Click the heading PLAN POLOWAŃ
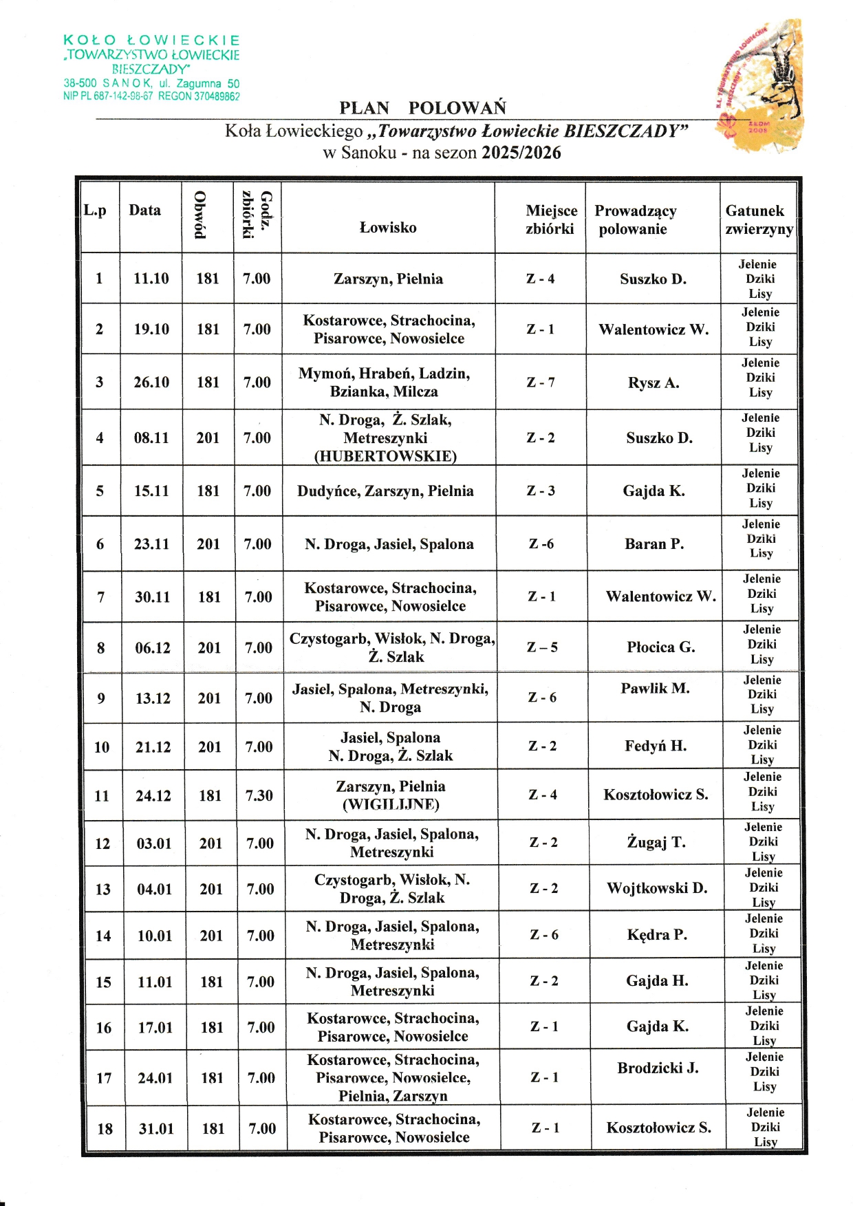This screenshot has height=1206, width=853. [422, 108]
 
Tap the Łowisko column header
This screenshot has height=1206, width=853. [388, 228]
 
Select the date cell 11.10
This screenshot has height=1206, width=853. [151, 279]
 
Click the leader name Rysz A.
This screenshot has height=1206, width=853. [653, 383]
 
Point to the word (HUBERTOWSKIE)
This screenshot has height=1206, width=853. [385, 456]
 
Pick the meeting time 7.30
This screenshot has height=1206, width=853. [259, 796]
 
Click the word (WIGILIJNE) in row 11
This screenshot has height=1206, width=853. [390, 804]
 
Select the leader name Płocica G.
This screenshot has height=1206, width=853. [660, 647]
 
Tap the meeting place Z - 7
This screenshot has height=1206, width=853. [541, 383]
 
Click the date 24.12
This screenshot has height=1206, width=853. [153, 796]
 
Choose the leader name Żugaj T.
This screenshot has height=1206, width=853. [656, 843]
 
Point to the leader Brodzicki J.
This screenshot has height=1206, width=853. [658, 1068]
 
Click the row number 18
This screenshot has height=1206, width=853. [105, 1129]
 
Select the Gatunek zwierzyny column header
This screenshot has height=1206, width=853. [759, 219]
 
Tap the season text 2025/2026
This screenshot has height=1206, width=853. [521, 153]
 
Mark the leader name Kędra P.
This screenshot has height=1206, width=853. [657, 935]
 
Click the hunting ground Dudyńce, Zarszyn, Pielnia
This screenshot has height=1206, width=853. [385, 491]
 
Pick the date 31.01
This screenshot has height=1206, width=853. [156, 1129]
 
